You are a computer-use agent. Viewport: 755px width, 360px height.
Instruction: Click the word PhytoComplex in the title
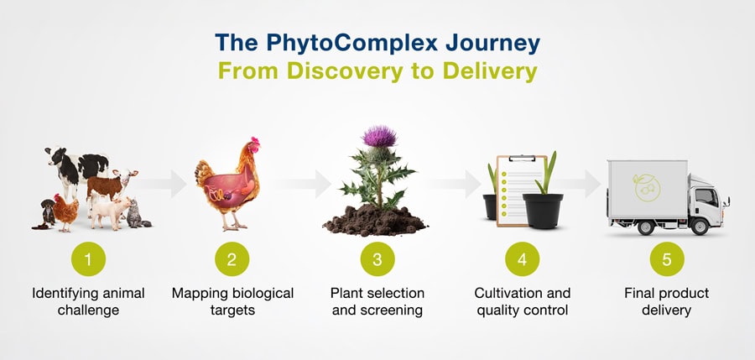(351, 43)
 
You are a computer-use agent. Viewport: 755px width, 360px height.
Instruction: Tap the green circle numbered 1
(88, 259)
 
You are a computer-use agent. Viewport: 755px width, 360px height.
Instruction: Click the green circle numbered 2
(232, 259)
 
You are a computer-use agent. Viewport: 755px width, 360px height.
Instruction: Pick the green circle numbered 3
(377, 259)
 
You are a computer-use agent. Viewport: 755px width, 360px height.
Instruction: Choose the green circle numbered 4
(523, 259)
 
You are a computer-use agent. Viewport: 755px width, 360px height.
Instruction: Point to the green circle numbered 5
(667, 259)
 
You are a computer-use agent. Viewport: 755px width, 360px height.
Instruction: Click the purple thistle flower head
(379, 137)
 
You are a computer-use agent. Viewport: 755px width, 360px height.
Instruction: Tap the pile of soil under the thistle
(375, 220)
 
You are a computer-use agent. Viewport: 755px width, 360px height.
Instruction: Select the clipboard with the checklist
(521, 190)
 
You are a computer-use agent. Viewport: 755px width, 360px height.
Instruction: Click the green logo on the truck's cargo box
(647, 187)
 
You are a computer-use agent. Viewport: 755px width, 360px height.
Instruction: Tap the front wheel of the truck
(699, 226)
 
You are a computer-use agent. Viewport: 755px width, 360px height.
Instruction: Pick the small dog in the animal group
(47, 212)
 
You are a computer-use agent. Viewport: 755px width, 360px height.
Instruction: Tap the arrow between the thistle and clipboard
(453, 184)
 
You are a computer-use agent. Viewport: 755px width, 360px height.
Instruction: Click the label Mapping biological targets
(232, 301)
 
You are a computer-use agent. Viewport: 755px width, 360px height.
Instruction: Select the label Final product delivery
(667, 301)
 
